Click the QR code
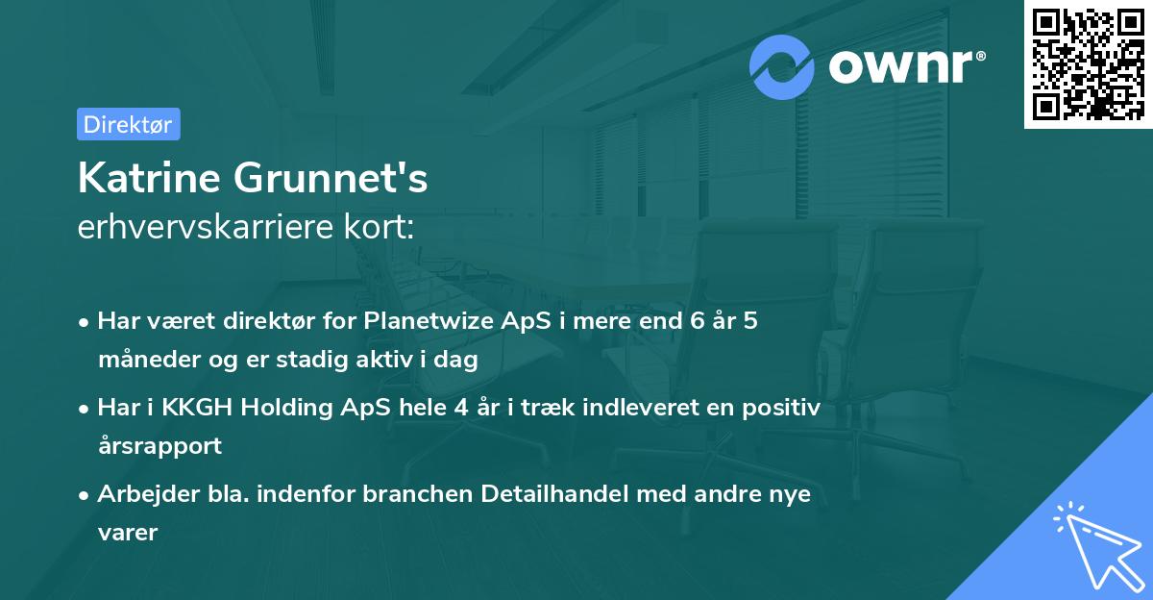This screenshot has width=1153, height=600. [x=1088, y=63]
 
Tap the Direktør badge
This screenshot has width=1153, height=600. [x=128, y=124]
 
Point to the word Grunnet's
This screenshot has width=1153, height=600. [x=327, y=179]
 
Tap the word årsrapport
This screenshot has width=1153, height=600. [x=159, y=445]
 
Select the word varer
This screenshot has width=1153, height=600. [x=128, y=532]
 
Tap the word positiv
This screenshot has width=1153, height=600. [x=785, y=407]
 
